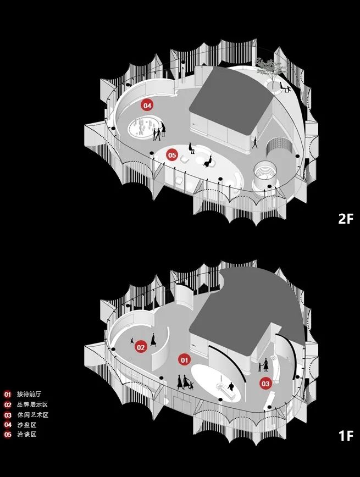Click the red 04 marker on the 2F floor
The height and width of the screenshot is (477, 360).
tap(147, 106)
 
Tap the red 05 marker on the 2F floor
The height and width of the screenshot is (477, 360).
tap(172, 155)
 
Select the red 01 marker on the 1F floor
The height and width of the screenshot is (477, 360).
tap(184, 360)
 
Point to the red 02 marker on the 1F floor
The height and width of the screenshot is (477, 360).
tap(141, 347)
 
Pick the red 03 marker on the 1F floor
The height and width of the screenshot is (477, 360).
tap(265, 384)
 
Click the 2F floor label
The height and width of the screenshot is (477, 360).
tap(346, 218)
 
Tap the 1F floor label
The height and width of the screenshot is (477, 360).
tap(346, 436)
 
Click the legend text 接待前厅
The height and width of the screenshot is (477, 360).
tap(29, 394)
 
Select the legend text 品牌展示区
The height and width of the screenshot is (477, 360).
tap(32, 404)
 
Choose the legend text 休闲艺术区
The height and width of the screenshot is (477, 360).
tap(32, 415)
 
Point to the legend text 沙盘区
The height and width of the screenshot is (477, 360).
tap(26, 425)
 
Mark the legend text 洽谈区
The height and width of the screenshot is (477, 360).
tap(26, 434)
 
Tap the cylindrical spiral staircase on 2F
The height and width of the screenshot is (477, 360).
tap(265, 176)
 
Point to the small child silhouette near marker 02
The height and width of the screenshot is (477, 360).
tap(132, 340)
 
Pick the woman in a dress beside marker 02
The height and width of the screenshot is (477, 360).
tap(153, 339)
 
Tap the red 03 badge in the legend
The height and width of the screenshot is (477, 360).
tap(8, 415)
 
